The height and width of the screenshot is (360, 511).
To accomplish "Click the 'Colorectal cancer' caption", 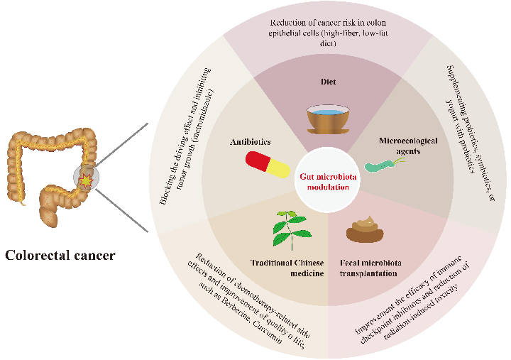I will [60, 254].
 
